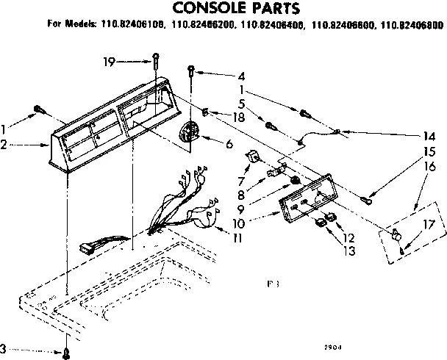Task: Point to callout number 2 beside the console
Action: [5, 145]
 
